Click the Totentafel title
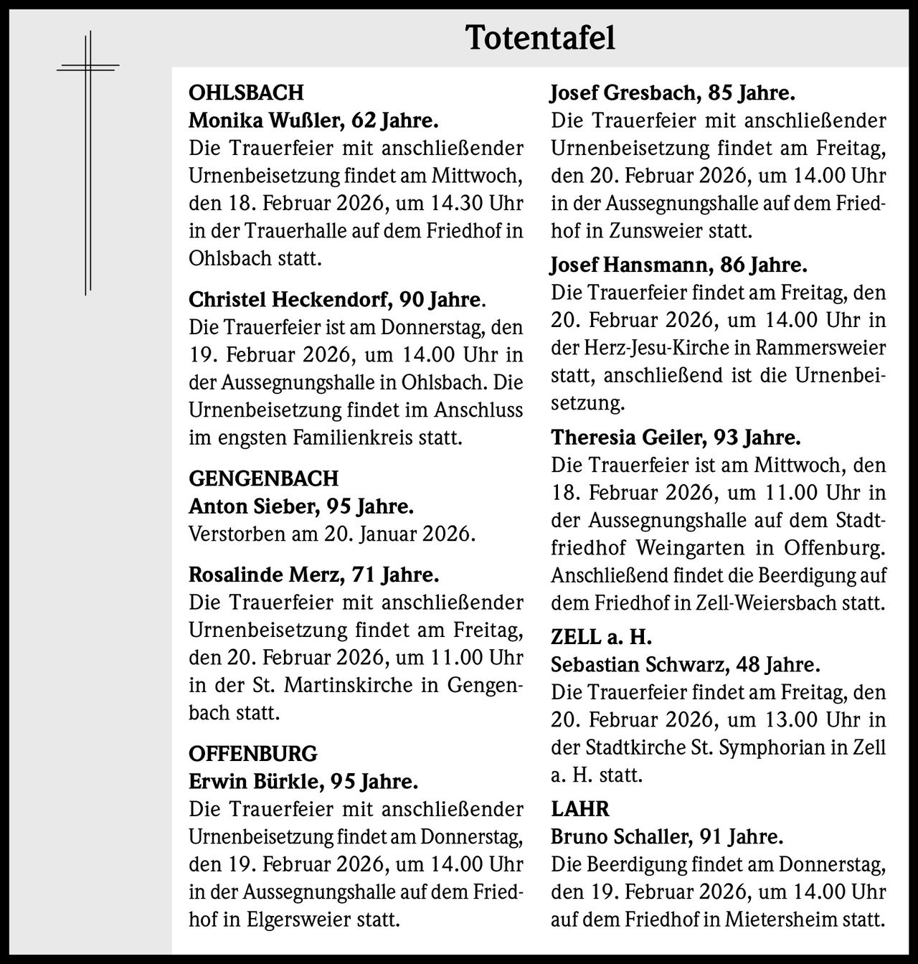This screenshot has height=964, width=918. pos(540,38)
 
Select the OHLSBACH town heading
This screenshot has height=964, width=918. pos(246,93)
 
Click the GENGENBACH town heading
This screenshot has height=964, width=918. pos(263,478)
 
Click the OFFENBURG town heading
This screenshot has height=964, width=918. pos(252,754)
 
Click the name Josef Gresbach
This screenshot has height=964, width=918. pos(624,93)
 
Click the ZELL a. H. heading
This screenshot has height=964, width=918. pos(601,637)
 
